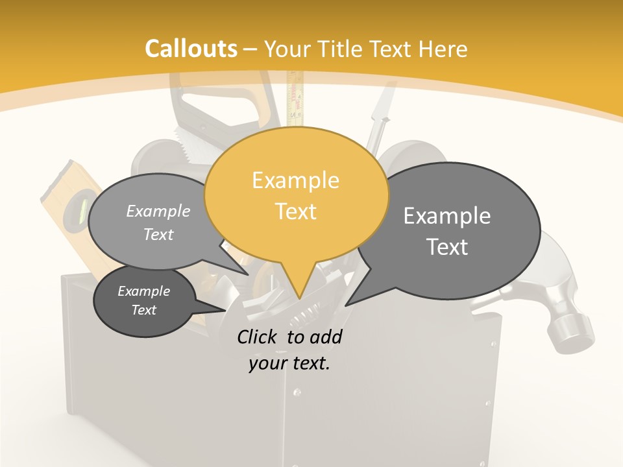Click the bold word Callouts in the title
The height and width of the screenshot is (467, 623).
click(191, 49)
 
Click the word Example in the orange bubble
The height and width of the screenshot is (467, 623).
click(295, 180)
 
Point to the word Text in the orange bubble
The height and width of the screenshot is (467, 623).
click(295, 211)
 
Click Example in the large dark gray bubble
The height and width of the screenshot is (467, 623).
click(447, 215)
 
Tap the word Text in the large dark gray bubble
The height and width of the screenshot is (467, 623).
click(447, 247)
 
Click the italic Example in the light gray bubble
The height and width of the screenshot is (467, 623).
click(158, 211)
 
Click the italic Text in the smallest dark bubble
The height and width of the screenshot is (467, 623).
click(144, 310)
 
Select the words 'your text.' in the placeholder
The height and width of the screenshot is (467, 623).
click(289, 364)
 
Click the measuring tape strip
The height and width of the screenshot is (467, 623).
click(295, 97)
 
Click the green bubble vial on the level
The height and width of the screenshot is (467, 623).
click(82, 209)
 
